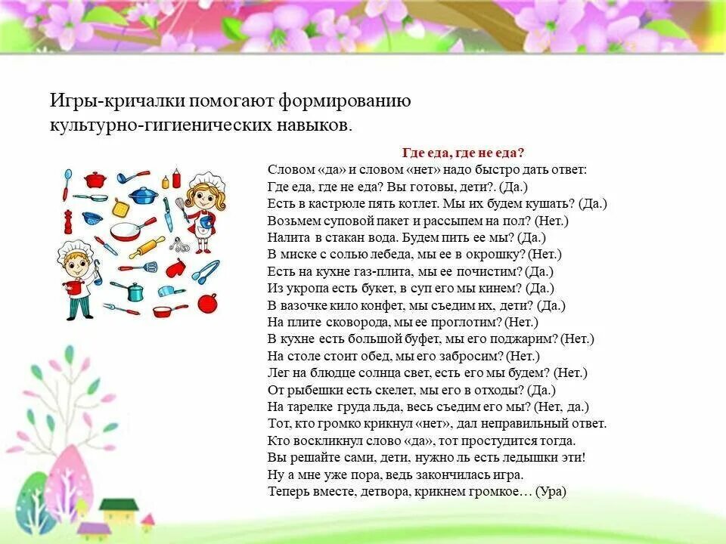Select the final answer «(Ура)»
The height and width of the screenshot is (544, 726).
click(x=551, y=491)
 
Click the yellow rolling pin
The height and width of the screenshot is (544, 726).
click(x=147, y=246)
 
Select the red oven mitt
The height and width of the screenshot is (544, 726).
click(x=175, y=267)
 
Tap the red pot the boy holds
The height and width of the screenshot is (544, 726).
click(x=73, y=287)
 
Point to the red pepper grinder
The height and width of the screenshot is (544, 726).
click(x=66, y=221)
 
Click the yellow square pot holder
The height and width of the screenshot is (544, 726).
click(x=120, y=206)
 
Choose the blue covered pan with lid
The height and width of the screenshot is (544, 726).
click(x=141, y=196)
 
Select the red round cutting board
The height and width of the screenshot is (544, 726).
click(x=206, y=302)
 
